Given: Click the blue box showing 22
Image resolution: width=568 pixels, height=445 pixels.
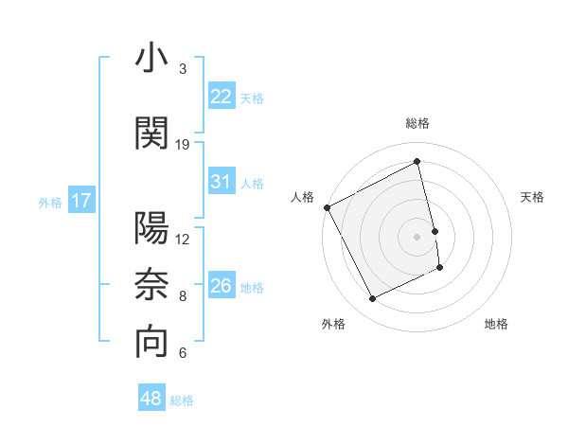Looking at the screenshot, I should (x=221, y=96).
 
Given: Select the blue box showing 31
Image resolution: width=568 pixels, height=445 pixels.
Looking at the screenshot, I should (x=221, y=182).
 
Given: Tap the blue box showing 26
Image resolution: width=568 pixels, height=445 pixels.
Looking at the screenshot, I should (x=221, y=286).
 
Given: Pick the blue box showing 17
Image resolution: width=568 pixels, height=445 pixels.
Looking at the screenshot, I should (x=80, y=201).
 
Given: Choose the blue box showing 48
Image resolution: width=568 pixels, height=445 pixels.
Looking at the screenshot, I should (x=151, y=399).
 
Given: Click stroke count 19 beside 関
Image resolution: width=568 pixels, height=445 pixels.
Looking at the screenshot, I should (x=183, y=145).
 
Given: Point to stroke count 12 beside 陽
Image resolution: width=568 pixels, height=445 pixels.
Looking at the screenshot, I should (x=183, y=239).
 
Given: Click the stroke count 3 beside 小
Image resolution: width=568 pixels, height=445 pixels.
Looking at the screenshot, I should (x=183, y=69).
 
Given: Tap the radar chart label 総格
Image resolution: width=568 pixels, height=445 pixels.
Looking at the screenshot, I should (x=417, y=123).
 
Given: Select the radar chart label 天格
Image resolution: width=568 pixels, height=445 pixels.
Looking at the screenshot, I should (x=533, y=197).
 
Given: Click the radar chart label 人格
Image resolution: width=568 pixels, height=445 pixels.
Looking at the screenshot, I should (x=303, y=197).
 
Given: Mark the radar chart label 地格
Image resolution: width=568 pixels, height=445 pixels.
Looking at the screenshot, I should (x=496, y=324).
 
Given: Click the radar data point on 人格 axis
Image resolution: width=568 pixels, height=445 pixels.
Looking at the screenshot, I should (x=327, y=207).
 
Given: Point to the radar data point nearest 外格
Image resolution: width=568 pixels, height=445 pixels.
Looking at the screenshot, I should (x=372, y=299).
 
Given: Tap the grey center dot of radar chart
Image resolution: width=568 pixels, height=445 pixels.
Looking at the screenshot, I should (x=417, y=236).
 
